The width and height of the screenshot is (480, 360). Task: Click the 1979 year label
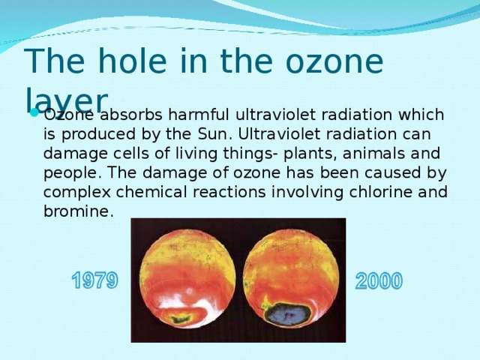click(x=94, y=281)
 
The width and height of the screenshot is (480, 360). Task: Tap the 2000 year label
click(x=379, y=281)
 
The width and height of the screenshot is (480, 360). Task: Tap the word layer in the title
click(x=66, y=98)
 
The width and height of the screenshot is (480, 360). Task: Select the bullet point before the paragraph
click(x=34, y=115)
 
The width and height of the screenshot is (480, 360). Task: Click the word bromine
click(x=76, y=212)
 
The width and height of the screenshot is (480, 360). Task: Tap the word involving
click(x=310, y=193)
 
